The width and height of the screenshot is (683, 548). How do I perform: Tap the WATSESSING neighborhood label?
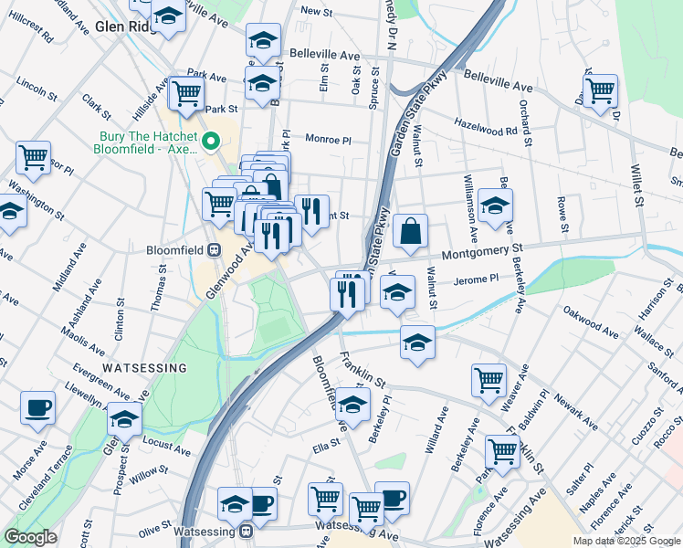click(144, 367)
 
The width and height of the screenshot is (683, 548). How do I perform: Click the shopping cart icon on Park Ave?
click(186, 92)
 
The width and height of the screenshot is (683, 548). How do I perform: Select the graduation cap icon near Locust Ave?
click(125, 419)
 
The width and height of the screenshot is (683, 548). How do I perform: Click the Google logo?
click(31, 537)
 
